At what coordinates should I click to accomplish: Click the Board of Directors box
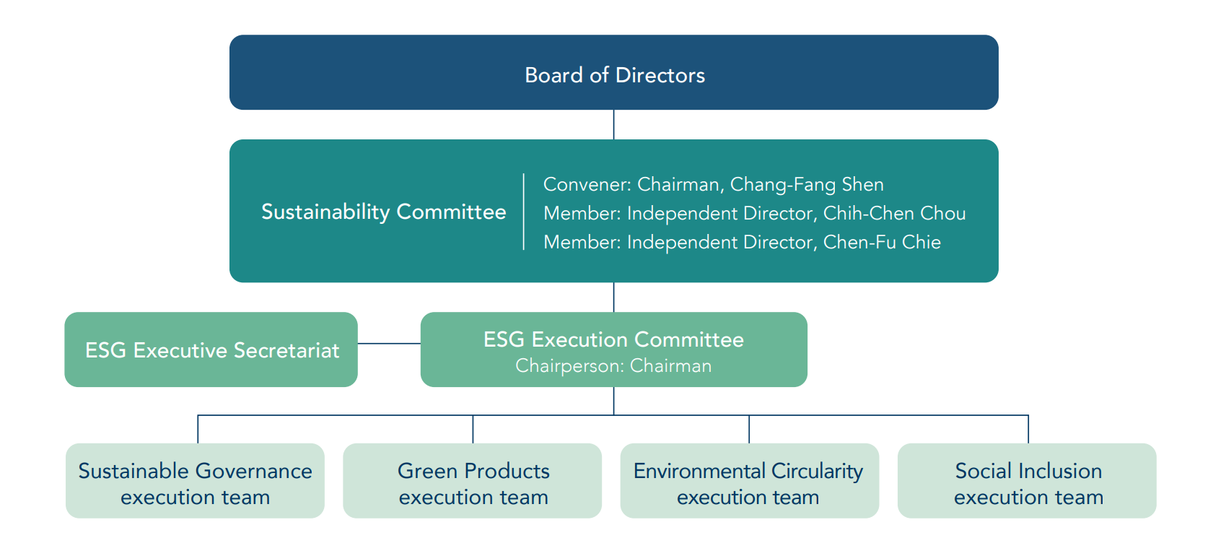click(x=613, y=72)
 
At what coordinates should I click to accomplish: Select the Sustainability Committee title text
click(x=384, y=212)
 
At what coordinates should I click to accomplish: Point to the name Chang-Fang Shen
click(x=807, y=185)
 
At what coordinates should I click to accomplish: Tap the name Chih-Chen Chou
click(x=894, y=213)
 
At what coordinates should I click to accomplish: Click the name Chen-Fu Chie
click(x=882, y=242)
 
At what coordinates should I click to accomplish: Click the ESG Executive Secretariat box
click(x=211, y=350)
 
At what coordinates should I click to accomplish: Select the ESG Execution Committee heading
click(x=613, y=339)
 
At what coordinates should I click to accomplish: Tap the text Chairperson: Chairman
click(x=613, y=366)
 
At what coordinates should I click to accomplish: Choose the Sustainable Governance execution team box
click(x=195, y=480)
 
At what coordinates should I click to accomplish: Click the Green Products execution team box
click(x=473, y=480)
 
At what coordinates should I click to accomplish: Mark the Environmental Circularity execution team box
click(x=749, y=480)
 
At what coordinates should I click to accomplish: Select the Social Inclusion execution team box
click(x=1027, y=480)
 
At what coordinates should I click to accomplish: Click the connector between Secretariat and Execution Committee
click(x=389, y=344)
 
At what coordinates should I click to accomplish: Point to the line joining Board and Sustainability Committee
click(x=613, y=124)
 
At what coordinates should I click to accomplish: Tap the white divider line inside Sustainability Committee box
click(x=524, y=212)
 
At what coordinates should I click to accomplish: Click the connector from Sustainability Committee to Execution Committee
click(x=613, y=298)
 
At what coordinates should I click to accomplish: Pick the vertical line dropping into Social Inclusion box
click(x=1028, y=430)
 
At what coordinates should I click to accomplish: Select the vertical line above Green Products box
click(x=473, y=430)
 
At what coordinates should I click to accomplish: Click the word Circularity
click(x=817, y=472)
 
